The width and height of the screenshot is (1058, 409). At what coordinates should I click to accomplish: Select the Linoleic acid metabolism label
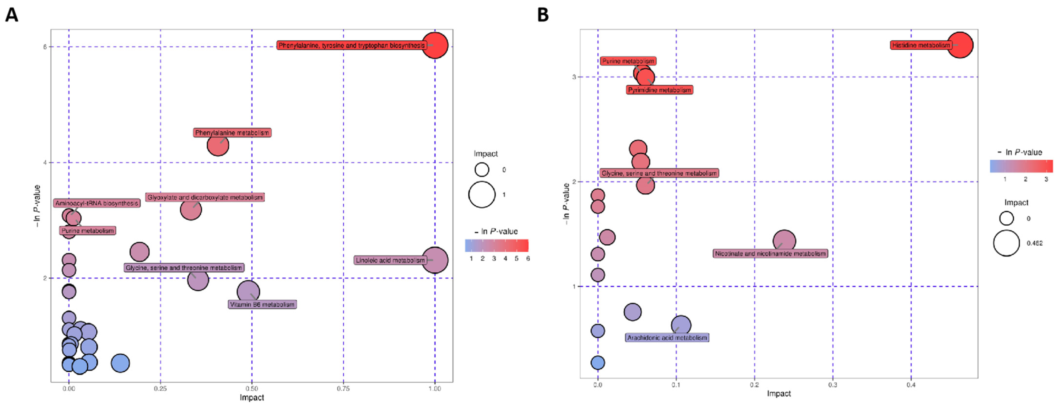tap(390, 260)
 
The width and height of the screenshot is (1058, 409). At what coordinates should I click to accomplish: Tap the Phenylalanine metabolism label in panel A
tap(232, 133)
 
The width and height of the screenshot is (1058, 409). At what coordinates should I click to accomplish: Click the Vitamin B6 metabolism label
tap(262, 304)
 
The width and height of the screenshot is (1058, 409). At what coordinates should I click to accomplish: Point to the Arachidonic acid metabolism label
tap(667, 337)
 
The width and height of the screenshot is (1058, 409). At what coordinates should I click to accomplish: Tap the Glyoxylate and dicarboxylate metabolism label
tap(205, 197)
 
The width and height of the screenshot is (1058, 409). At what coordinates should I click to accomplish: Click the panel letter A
tap(11, 16)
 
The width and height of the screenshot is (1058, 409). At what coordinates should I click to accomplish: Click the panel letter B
tap(543, 16)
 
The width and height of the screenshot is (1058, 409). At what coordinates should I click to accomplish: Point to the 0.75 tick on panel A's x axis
tap(343, 388)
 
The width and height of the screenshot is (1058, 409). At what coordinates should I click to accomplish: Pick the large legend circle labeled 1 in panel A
tap(482, 194)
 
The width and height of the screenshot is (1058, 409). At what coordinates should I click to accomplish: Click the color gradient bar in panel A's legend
tap(497, 245)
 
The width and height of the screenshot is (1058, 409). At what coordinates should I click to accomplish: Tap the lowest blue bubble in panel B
tap(598, 363)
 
